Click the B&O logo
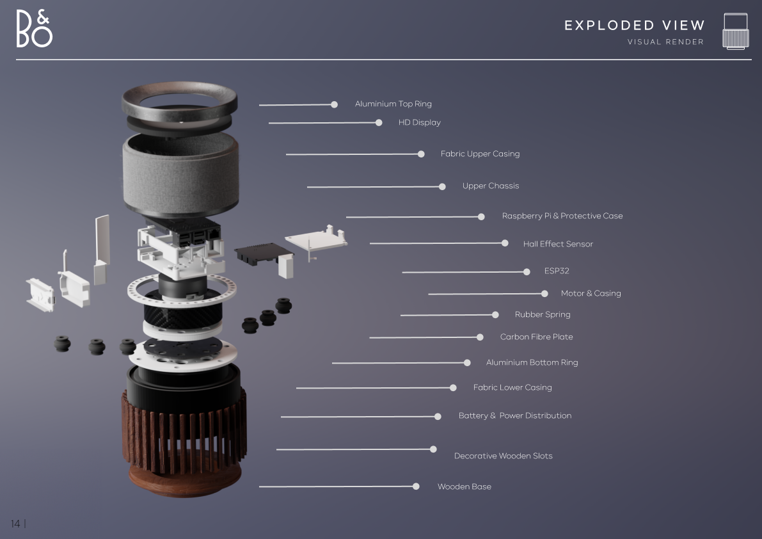(34, 29)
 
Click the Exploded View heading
(634, 25)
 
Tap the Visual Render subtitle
(665, 42)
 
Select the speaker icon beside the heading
(735, 31)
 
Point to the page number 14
(15, 524)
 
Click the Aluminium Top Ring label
(393, 104)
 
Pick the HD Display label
(420, 122)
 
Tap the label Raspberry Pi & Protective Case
(562, 216)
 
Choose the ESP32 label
(557, 271)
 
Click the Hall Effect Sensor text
(558, 244)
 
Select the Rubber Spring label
(543, 314)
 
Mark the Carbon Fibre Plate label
(537, 337)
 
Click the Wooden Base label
(464, 487)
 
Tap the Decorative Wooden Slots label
(503, 456)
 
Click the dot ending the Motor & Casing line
(544, 294)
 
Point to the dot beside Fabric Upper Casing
(422, 154)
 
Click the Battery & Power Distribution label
(514, 415)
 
